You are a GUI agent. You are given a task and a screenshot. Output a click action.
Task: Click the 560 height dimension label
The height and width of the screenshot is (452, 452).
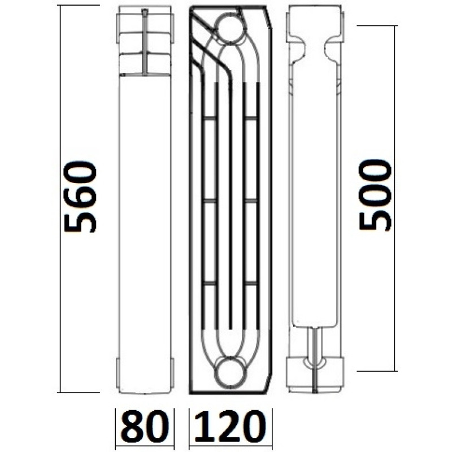pos(81,197)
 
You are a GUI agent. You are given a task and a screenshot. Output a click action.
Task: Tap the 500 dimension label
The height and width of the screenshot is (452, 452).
pos(376,194)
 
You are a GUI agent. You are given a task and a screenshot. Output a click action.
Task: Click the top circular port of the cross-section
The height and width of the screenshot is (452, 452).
pos(230,27)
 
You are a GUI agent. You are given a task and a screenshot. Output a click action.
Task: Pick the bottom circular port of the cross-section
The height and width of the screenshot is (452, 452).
pos(230,370)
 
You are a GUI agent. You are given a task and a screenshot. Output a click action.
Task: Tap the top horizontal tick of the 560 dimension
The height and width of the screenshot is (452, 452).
pos(79,5)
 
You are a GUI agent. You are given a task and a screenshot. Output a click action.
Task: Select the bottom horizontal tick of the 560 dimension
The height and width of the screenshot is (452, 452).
pos(79,392)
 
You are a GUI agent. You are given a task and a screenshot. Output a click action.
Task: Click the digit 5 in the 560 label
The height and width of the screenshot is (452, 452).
pos(81,220)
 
